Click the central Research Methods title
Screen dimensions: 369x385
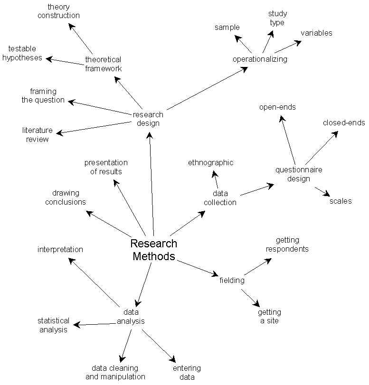click(153, 250)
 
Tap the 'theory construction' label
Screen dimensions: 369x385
click(59, 11)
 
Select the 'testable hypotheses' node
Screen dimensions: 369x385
click(22, 53)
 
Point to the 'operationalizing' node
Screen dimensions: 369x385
click(260, 59)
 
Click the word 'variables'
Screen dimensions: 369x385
click(316, 33)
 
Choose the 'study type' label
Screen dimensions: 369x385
click(277, 18)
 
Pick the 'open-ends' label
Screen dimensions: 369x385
click(277, 107)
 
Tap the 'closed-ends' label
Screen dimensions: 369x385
click(344, 122)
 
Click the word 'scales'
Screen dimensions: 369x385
click(341, 201)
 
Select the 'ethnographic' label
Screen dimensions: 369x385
click(210, 163)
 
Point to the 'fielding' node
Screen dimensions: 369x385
click(232, 280)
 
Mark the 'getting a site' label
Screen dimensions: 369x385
click(269, 316)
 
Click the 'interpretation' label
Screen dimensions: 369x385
click(60, 249)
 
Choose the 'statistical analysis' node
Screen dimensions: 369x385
click(53, 325)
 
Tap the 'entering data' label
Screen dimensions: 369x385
click(187, 372)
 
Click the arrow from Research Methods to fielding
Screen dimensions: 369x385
click(198, 268)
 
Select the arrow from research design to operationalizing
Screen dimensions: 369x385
click(208, 88)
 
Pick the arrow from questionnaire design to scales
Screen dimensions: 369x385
click(322, 191)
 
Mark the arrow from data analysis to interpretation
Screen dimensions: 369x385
click(94, 282)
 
